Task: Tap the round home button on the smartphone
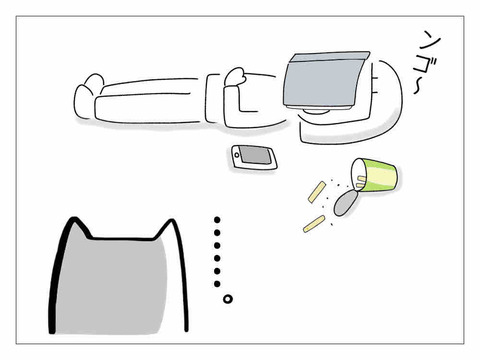(237, 155)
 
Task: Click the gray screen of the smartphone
(256, 155)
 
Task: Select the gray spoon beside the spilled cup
(345, 203)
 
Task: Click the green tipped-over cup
(373, 175)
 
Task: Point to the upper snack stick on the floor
(317, 192)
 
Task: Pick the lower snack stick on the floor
(314, 224)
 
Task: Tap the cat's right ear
(168, 228)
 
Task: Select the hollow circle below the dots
(228, 299)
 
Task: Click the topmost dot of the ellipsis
(217, 220)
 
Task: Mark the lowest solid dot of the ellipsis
(217, 284)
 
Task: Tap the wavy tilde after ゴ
(417, 88)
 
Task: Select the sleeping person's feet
(88, 96)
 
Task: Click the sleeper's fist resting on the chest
(236, 77)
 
